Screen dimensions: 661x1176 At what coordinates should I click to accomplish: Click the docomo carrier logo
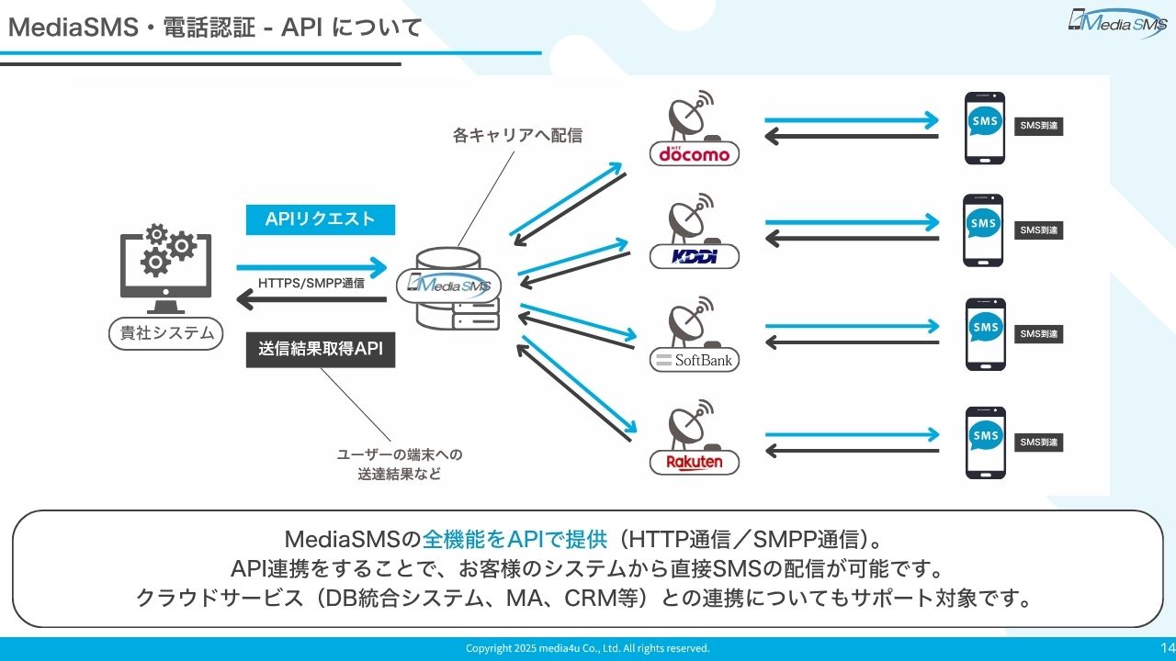click(x=694, y=153)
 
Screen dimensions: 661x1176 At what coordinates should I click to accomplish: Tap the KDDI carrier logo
click(x=694, y=256)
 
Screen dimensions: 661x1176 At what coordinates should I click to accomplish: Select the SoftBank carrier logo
click(x=694, y=360)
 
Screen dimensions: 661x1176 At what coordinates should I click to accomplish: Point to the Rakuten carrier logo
click(x=694, y=462)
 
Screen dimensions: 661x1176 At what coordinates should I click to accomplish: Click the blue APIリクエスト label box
click(x=321, y=219)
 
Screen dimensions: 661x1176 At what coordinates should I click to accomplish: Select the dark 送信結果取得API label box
click(x=321, y=349)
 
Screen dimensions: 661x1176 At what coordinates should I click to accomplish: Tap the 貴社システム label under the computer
click(x=166, y=332)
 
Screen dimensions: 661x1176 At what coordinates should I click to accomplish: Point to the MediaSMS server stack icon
click(x=450, y=288)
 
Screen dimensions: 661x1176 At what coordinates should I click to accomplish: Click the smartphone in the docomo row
click(x=984, y=128)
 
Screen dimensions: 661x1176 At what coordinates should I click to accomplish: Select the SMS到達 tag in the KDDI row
click(x=1039, y=230)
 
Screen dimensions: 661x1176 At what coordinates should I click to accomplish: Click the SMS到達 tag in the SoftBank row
click(x=1039, y=334)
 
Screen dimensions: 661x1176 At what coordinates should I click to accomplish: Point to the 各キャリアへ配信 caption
click(x=517, y=135)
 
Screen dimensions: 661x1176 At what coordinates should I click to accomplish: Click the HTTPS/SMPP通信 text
click(x=311, y=283)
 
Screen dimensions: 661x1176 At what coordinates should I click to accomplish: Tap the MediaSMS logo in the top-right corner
click(x=1117, y=22)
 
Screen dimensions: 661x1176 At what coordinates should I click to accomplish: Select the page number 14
click(x=1168, y=647)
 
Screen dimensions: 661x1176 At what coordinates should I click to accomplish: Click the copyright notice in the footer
click(x=587, y=648)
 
